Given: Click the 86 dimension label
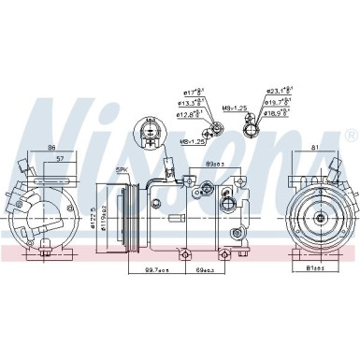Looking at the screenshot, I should tap(52, 147).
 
